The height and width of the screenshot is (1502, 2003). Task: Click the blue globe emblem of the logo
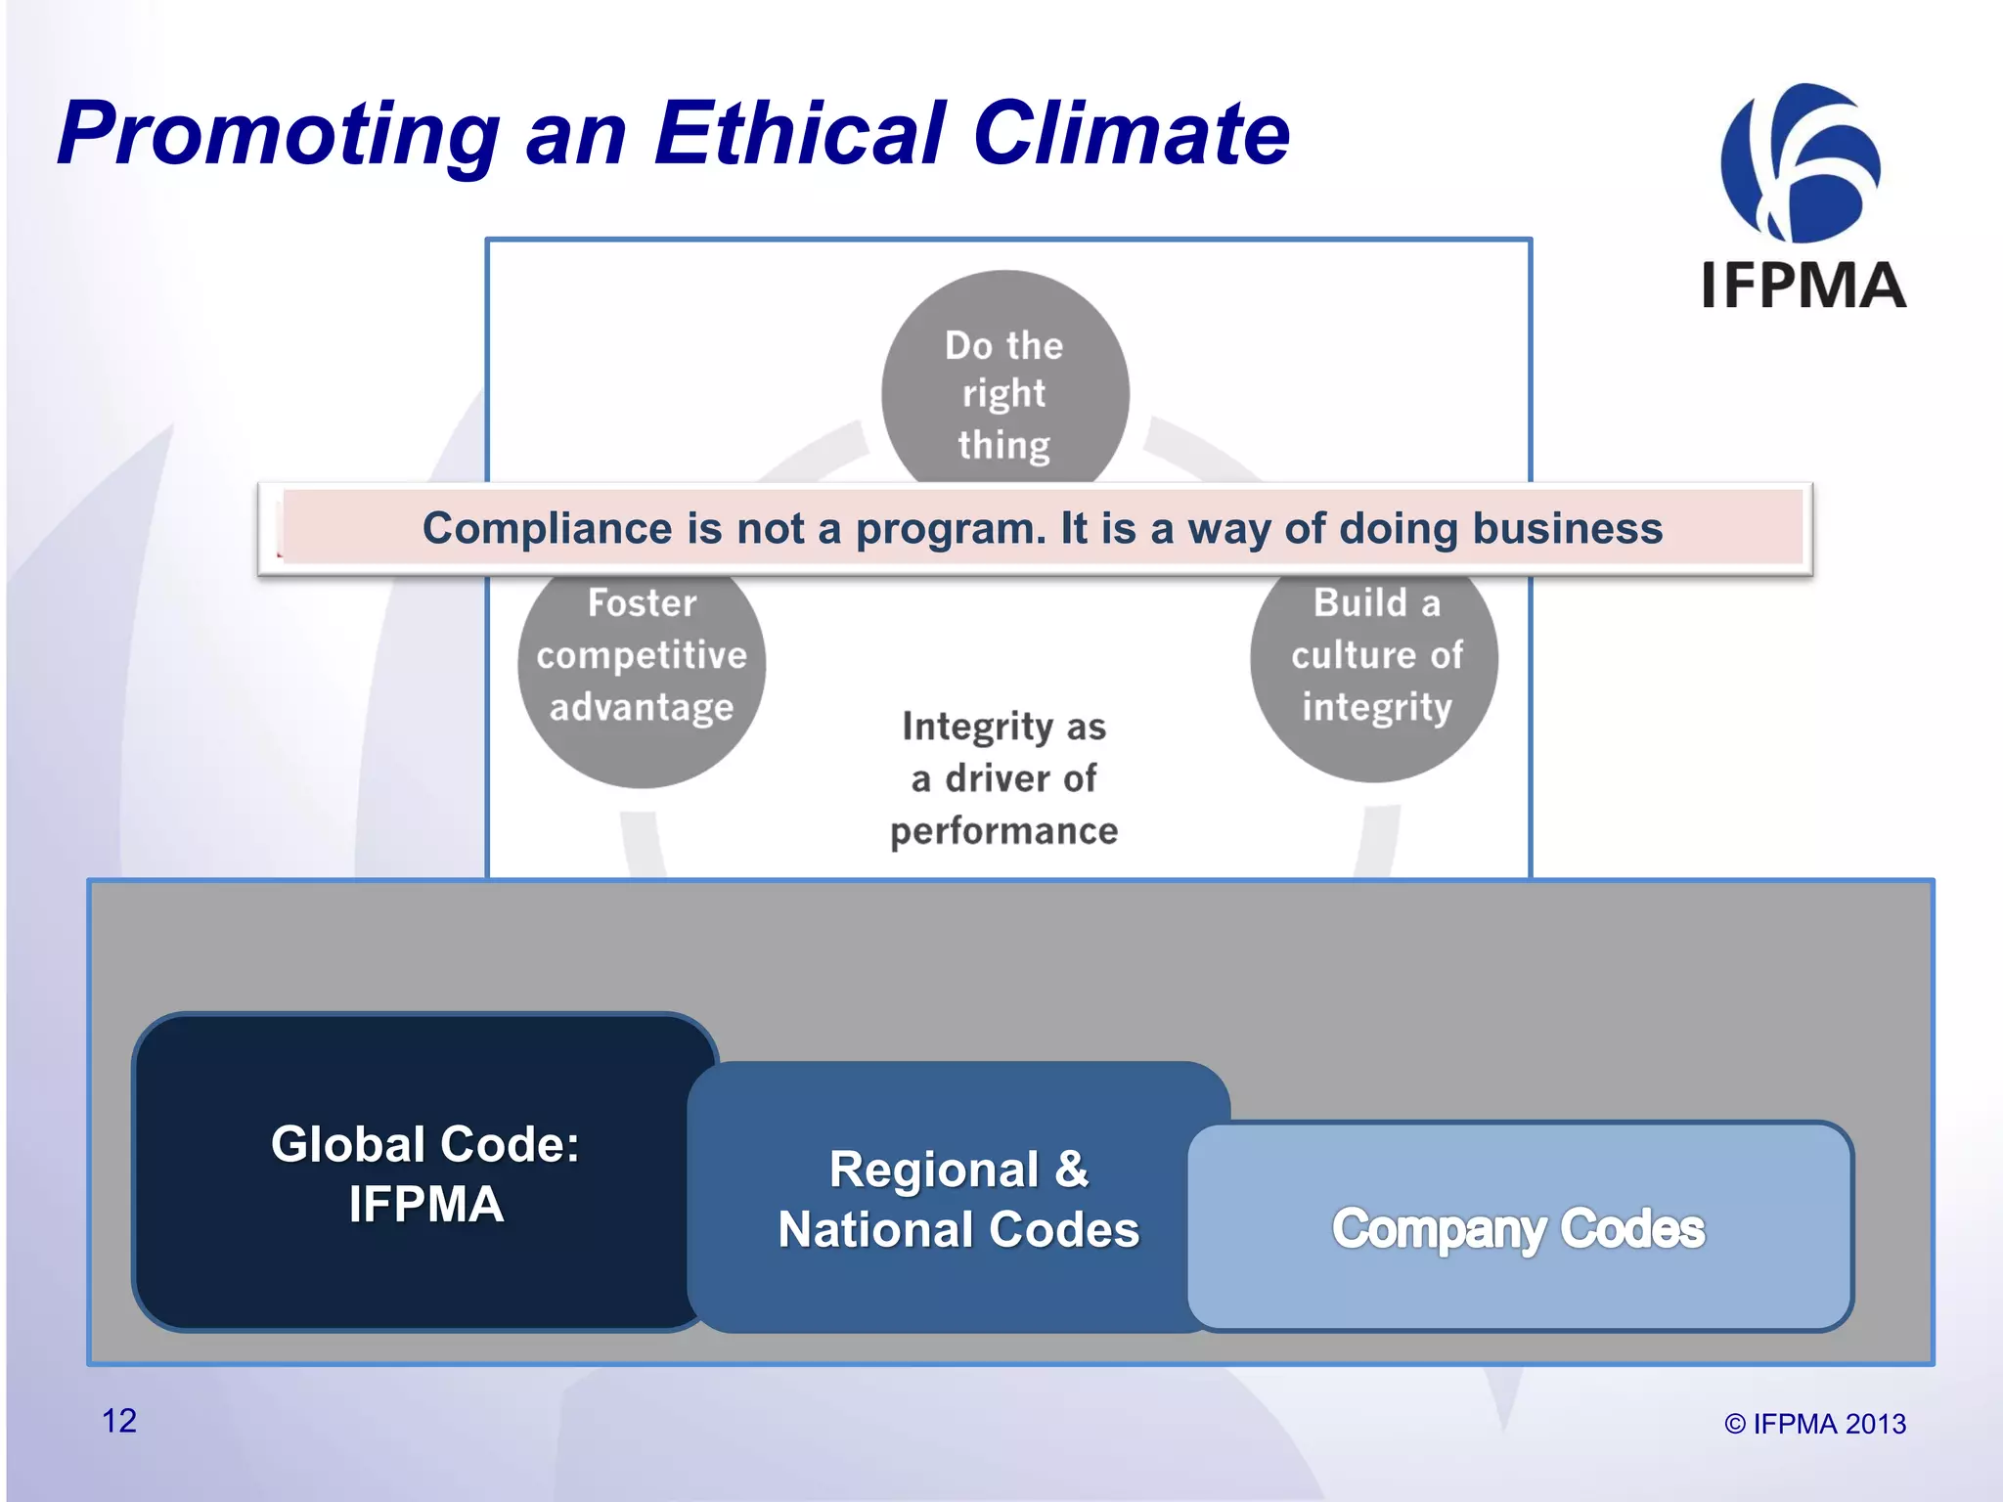click(x=1800, y=163)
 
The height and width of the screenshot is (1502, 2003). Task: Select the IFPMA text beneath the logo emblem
click(x=1803, y=286)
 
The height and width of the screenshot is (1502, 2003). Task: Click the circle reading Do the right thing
click(x=1004, y=391)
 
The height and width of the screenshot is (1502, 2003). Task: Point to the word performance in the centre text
click(x=1003, y=831)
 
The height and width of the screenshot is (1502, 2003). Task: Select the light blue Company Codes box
click(x=1518, y=1228)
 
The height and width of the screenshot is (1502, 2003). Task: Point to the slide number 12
click(x=119, y=1421)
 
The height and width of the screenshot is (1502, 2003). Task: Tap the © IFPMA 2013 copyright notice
click(x=1814, y=1424)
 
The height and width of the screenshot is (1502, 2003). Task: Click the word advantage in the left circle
click(x=642, y=707)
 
